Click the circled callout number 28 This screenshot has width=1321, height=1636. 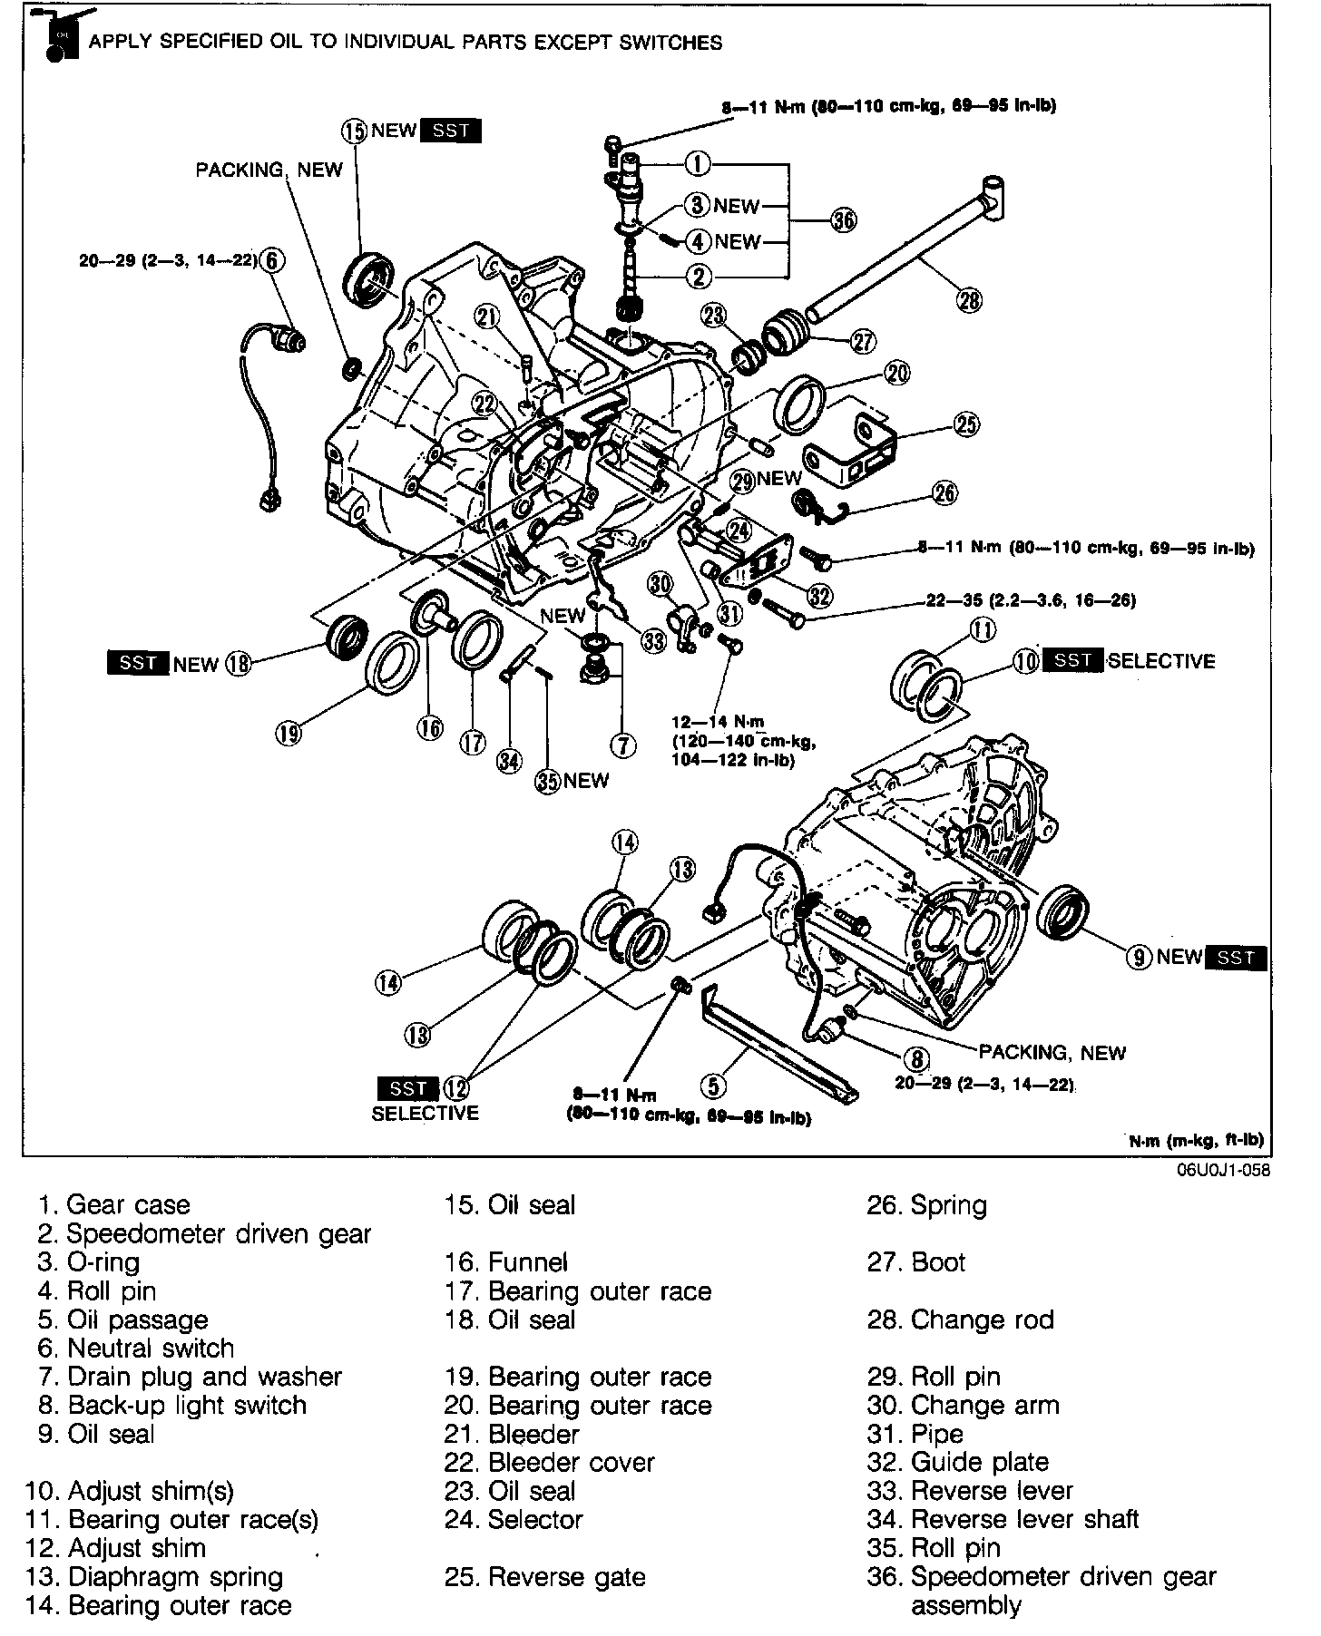click(970, 299)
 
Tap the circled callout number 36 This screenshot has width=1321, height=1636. click(844, 220)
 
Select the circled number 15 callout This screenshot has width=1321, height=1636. click(354, 131)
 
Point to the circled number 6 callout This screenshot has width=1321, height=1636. click(271, 261)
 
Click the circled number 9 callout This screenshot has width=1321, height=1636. click(1139, 957)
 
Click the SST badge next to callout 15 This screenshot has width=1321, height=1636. click(451, 131)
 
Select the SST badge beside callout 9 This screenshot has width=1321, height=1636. click(1237, 958)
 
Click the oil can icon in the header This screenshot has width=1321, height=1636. click(57, 38)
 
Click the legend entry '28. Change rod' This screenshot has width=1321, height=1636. click(960, 1320)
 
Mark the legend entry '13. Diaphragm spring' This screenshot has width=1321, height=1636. click(155, 1577)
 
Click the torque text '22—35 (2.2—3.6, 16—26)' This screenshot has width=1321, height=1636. click(1031, 600)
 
